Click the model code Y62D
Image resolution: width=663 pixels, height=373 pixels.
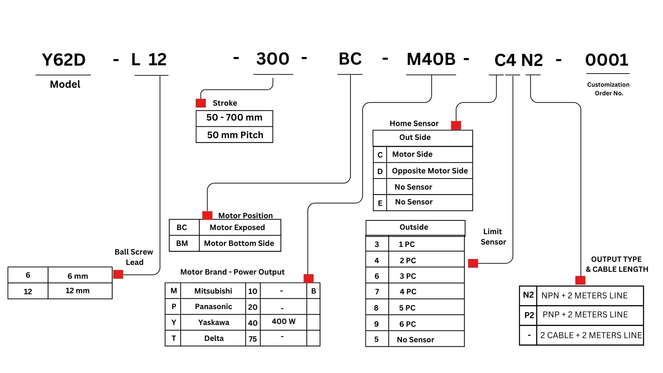point(64,60)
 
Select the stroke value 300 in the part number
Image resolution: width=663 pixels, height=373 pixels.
point(273,59)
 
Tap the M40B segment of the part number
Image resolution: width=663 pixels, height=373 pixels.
point(431,59)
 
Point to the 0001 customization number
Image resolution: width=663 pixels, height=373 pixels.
point(607,60)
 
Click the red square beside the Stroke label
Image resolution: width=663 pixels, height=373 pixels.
point(201,103)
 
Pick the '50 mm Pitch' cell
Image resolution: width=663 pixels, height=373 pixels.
point(235,135)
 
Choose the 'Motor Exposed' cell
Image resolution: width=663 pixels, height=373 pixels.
point(237,227)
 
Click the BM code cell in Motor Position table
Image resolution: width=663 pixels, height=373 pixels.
point(182,243)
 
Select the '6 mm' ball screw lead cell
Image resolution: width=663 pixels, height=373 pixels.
point(78,276)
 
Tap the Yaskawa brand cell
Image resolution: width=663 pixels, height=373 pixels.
point(213,322)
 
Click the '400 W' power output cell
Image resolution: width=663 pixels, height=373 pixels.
point(284,322)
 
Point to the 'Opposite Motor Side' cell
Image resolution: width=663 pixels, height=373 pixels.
point(430,171)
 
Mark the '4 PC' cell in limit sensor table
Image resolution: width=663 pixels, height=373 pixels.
point(408,291)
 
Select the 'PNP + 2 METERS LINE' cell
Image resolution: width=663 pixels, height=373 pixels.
point(585,315)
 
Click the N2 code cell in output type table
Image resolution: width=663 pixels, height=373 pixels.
point(528,295)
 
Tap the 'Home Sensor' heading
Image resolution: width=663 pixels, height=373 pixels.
point(414,123)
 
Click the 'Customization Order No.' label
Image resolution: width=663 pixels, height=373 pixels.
point(608,89)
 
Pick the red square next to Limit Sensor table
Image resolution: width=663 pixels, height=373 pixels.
point(473,263)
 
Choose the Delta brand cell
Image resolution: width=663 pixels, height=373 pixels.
point(214,338)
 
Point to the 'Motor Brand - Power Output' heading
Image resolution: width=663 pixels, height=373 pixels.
point(232,272)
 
